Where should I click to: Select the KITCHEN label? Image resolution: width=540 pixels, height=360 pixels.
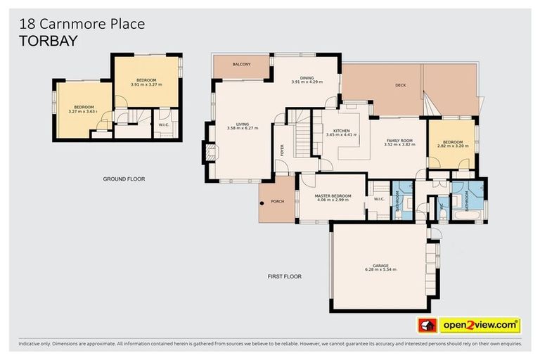341,131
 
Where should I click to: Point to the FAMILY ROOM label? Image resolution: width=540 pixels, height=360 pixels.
398,141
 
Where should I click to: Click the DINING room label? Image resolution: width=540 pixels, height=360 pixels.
307,78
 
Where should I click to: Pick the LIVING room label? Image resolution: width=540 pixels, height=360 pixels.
243,124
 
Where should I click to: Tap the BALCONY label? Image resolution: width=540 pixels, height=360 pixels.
241,64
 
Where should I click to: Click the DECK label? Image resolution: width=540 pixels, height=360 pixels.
401,86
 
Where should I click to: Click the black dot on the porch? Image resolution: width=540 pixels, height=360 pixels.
262,203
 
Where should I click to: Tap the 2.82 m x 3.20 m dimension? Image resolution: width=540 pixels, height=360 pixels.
451,146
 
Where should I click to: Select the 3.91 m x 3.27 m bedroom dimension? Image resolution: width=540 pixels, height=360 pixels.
146,84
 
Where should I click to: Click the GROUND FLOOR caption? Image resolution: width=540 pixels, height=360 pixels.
124,179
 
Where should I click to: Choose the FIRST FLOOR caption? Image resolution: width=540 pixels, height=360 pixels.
285,276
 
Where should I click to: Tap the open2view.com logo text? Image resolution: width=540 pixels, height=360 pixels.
480,326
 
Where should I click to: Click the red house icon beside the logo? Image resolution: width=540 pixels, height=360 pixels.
427,326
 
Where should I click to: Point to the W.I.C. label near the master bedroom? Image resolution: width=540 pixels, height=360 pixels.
378,199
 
